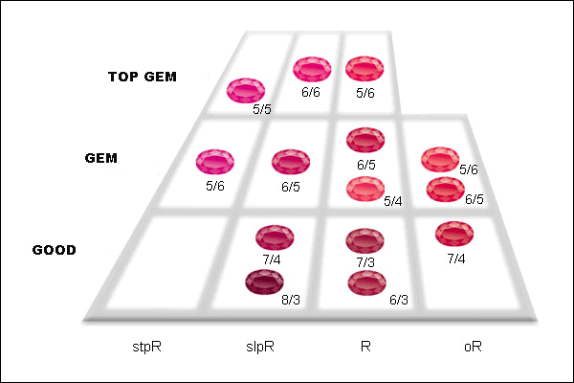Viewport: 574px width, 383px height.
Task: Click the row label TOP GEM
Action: (x=142, y=78)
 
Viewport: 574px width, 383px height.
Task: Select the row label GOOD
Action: (x=55, y=250)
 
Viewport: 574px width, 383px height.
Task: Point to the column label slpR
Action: (x=259, y=347)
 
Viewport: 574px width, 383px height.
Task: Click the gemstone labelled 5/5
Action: (x=246, y=91)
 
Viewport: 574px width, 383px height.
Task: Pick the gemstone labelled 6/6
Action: (x=312, y=70)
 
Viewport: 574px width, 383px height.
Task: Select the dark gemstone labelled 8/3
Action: (x=265, y=282)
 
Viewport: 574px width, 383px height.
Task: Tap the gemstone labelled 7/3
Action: (x=364, y=240)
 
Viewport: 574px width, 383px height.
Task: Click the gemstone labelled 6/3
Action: (x=366, y=282)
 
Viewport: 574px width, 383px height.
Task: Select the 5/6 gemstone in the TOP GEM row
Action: (x=364, y=69)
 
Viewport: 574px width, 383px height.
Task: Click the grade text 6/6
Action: (x=311, y=93)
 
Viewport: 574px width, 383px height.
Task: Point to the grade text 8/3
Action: (x=291, y=300)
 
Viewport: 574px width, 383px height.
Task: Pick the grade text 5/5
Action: (x=262, y=110)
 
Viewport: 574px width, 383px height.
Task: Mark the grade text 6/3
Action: (x=398, y=300)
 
